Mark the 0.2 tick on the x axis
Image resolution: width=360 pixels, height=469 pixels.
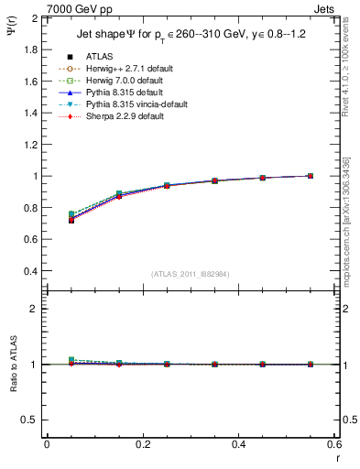pyautogui.click(x=143, y=444)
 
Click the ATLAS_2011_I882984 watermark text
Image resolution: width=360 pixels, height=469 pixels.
pyautogui.click(x=189, y=274)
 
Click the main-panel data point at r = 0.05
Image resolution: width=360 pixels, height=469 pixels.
pyautogui.click(x=71, y=219)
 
